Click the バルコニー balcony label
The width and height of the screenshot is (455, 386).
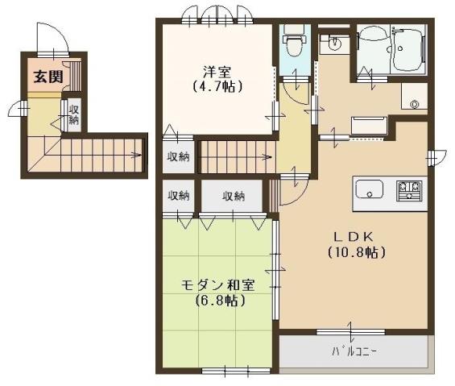354,351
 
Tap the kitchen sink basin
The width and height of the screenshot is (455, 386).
370,190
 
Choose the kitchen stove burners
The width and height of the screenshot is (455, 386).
409,190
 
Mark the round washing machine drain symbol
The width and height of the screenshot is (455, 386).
415,102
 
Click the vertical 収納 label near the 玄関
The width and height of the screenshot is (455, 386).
74,115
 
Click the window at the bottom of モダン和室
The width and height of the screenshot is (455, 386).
225,370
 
